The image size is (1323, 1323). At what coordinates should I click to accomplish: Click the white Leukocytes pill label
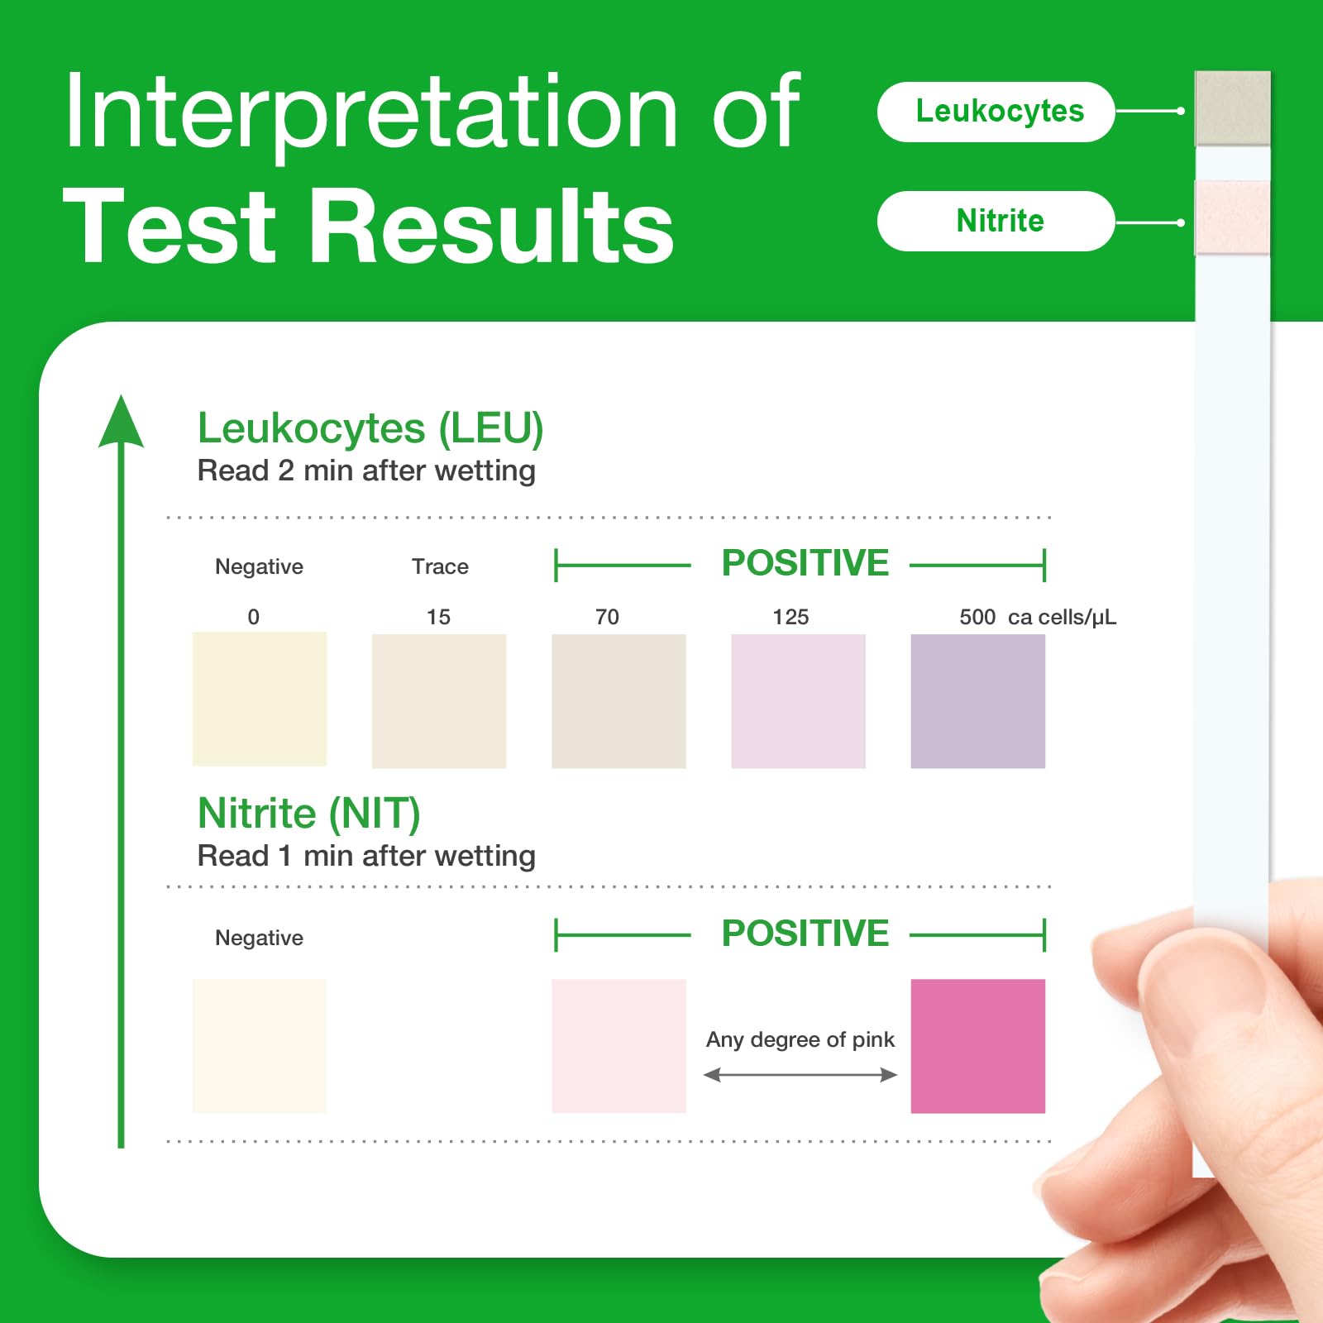click(996, 112)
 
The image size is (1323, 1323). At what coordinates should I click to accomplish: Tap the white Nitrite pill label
click(996, 221)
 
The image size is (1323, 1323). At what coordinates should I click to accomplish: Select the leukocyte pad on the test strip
click(1232, 108)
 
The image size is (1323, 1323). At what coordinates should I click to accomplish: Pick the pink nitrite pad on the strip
click(1232, 217)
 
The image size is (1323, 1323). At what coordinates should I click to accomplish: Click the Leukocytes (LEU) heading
click(370, 428)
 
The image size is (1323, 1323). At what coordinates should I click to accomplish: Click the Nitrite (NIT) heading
click(309, 814)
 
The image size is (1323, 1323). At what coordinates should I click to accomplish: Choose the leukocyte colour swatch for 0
click(260, 699)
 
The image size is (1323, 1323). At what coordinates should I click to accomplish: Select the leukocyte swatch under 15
click(439, 701)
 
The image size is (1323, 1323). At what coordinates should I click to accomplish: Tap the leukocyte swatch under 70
click(619, 701)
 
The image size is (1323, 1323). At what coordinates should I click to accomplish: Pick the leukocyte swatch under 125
click(798, 701)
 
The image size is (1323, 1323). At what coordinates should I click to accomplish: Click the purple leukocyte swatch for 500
click(978, 701)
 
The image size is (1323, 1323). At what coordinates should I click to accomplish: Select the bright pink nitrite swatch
click(978, 1046)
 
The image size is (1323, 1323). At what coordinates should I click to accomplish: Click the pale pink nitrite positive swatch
click(619, 1046)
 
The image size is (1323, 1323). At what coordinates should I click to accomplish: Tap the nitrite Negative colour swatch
click(260, 1046)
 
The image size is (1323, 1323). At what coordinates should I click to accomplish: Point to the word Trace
click(440, 566)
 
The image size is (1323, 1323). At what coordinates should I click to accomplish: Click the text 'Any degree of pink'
click(800, 1039)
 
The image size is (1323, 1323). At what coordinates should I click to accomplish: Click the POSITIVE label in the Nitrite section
click(805, 934)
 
